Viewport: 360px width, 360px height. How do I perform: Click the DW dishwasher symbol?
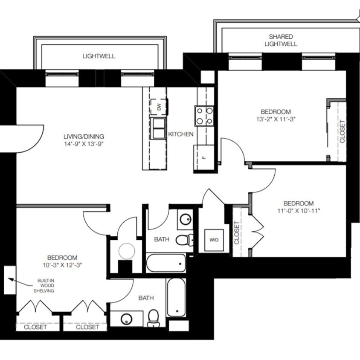[x=159, y=107]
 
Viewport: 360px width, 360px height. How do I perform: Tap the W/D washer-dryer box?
[x=214, y=240]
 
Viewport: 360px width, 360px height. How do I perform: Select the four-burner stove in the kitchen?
[x=204, y=116]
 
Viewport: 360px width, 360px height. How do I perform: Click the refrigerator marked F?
[x=204, y=158]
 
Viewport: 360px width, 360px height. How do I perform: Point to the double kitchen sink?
[x=158, y=128]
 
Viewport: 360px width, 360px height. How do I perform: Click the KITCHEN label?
[x=181, y=134]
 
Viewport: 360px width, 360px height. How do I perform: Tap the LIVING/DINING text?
[x=84, y=136]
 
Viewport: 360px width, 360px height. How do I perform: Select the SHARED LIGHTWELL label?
[x=281, y=40]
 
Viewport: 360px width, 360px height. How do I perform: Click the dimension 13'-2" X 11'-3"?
[x=276, y=119]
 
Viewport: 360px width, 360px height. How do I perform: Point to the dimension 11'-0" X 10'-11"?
[x=299, y=211]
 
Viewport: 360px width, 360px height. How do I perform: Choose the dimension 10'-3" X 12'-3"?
[x=62, y=265]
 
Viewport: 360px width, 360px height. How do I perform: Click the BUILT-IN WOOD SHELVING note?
[x=44, y=286]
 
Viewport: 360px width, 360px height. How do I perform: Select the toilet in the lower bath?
[x=154, y=318]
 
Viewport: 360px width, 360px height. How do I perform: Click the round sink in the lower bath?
[x=127, y=319]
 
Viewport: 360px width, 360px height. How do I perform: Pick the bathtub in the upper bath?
[x=166, y=263]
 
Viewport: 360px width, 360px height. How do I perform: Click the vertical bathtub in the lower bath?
[x=176, y=297]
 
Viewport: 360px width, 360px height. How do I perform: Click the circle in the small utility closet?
[x=127, y=251]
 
